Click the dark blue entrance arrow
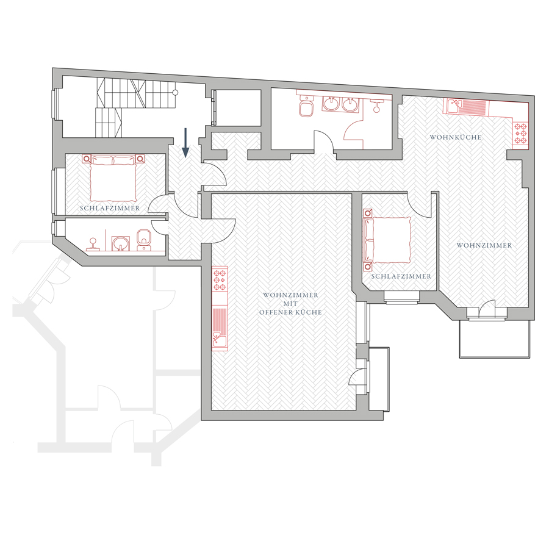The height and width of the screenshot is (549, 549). (x=185, y=143)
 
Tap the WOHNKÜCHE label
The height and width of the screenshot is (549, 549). (x=456, y=137)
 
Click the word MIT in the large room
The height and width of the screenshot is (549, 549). (x=290, y=304)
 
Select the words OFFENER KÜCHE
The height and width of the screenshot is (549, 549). (x=290, y=312)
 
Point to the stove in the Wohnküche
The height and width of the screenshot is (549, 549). (x=520, y=134)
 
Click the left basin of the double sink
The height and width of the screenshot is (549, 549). (x=331, y=104)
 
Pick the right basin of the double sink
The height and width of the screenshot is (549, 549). (x=350, y=104)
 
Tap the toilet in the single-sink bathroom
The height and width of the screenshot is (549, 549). (x=143, y=240)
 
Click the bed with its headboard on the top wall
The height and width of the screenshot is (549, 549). (x=113, y=178)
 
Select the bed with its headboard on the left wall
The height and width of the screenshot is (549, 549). (x=387, y=240)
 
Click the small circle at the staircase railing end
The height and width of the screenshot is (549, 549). (x=176, y=93)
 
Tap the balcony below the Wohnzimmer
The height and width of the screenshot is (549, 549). (x=494, y=338)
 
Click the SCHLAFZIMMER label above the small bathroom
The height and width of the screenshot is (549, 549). (x=110, y=209)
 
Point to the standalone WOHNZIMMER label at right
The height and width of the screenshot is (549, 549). (x=484, y=246)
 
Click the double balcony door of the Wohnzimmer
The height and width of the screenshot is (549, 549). (x=487, y=310)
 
